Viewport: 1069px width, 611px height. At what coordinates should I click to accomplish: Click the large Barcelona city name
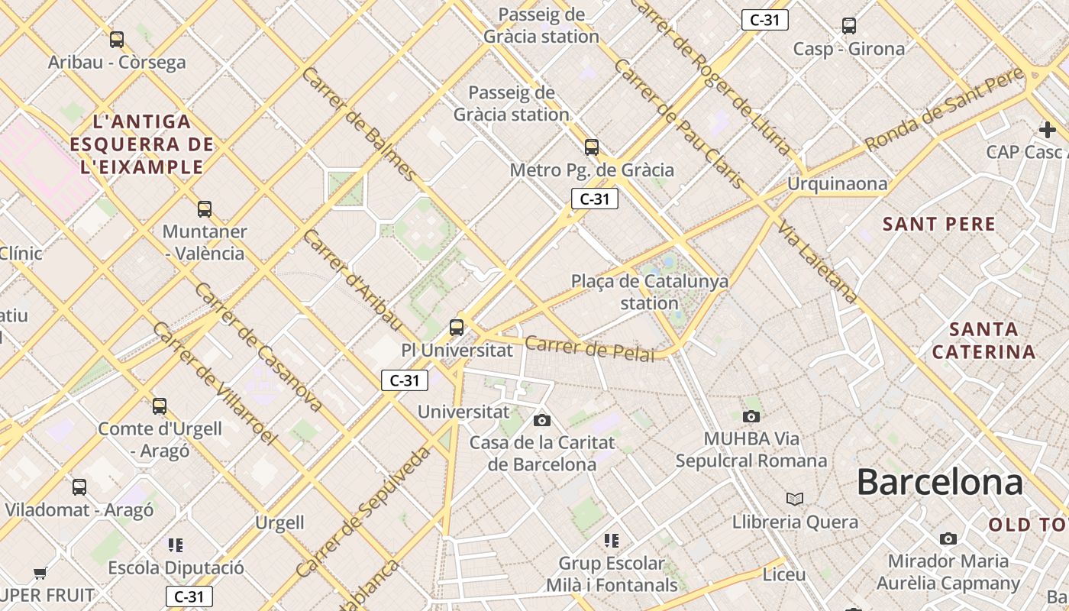939,483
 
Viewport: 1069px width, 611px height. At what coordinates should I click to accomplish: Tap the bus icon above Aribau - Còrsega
117,40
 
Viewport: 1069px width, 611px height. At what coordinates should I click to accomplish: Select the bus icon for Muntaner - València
205,209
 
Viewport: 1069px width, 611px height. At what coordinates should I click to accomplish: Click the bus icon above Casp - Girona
849,26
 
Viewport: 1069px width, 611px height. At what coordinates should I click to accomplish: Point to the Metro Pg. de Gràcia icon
592,147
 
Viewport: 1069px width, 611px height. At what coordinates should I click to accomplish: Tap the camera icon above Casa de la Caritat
542,420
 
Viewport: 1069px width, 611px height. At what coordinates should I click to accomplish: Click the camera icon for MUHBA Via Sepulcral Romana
751,416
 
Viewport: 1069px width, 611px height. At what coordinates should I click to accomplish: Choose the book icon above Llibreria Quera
795,499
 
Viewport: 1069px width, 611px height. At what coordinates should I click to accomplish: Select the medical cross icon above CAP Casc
1047,129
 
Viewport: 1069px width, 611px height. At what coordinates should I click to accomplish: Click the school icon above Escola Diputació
176,545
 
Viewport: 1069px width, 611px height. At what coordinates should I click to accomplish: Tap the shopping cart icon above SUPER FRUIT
40,573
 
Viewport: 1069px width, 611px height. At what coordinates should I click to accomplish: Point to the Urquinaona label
838,184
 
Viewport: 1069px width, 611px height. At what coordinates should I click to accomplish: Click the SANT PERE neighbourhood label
939,224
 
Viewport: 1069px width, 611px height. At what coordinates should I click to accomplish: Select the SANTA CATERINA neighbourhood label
984,341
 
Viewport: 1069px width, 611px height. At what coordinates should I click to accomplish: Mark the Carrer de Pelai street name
589,348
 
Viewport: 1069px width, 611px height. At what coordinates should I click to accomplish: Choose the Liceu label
784,574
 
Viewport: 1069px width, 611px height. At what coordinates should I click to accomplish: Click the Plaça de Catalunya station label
650,292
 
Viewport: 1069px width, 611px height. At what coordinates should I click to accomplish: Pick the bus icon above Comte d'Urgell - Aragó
160,406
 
